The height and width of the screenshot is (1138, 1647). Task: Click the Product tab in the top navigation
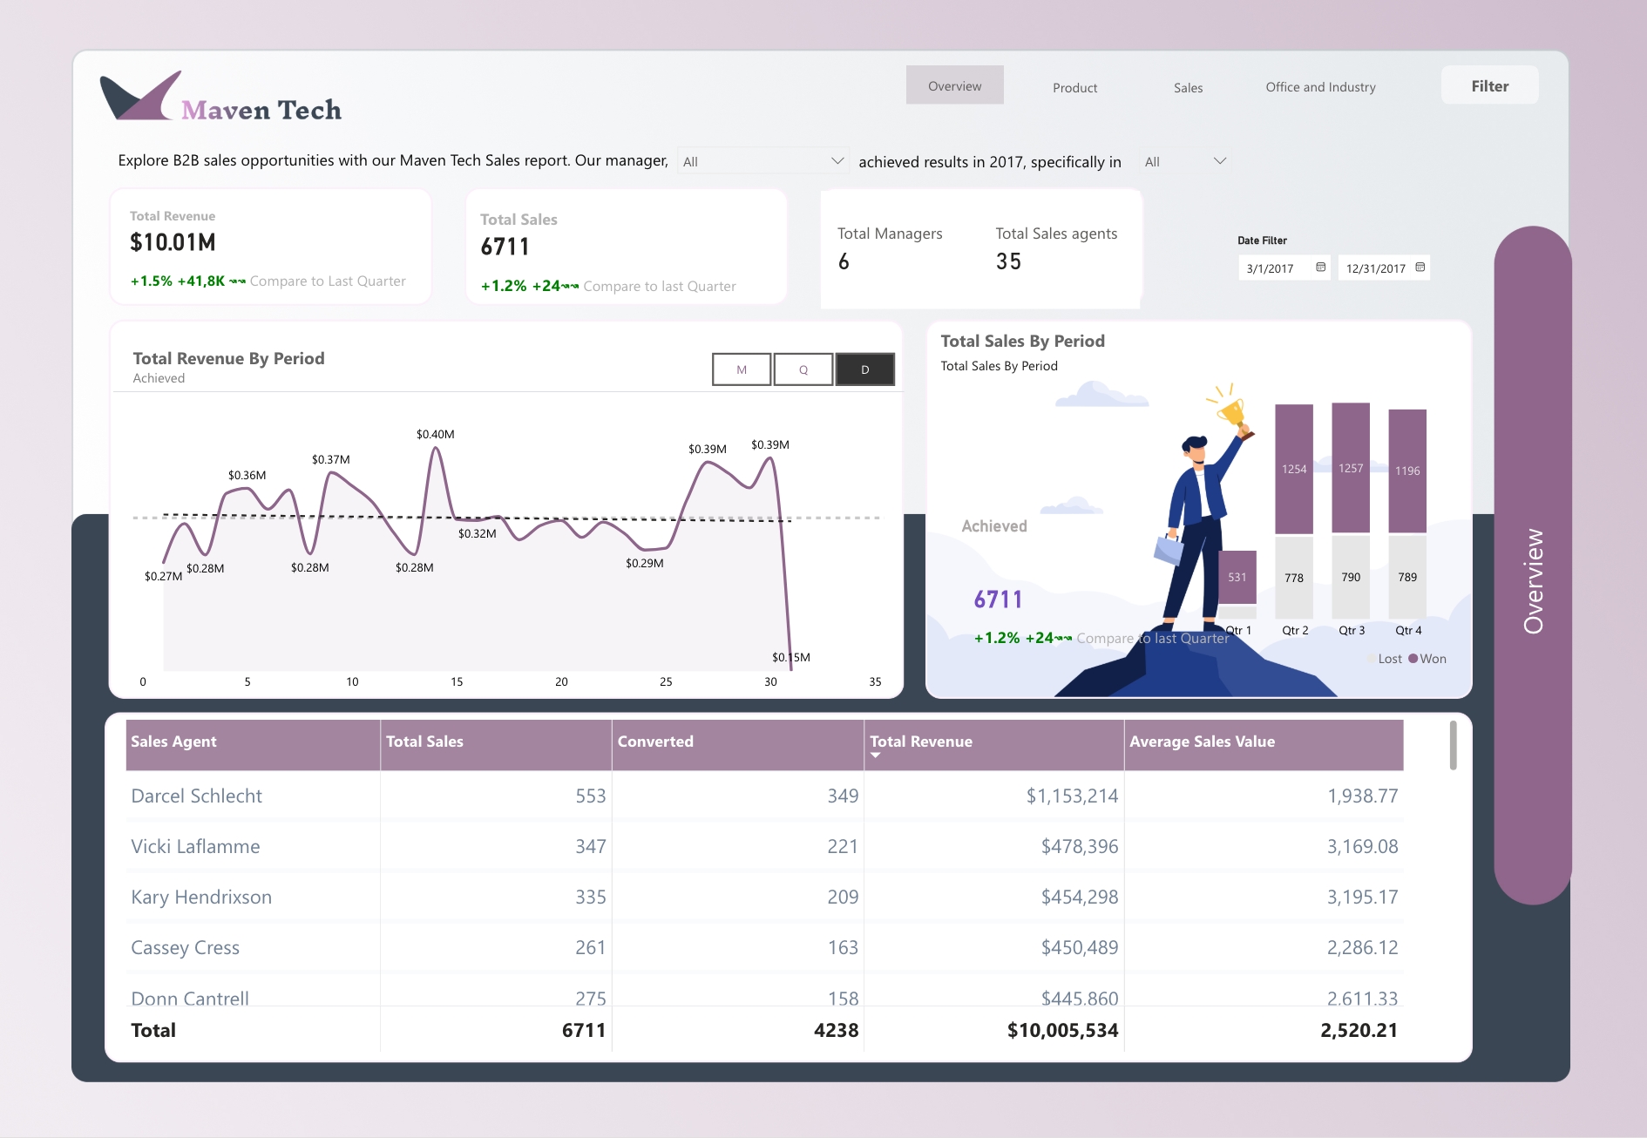click(1074, 87)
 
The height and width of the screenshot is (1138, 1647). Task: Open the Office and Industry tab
click(1320, 87)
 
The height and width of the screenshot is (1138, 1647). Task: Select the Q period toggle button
click(803, 369)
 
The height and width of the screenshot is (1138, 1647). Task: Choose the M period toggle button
click(742, 369)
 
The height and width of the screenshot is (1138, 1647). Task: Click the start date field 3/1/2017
click(1271, 268)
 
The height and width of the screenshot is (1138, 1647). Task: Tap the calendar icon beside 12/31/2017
click(1420, 268)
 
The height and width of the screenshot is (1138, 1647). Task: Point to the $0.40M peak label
click(435, 434)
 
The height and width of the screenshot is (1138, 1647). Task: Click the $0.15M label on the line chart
click(790, 657)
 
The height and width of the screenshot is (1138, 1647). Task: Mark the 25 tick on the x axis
click(666, 681)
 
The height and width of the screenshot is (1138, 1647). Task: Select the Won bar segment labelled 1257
click(1351, 468)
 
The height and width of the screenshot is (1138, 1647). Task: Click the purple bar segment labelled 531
click(1237, 577)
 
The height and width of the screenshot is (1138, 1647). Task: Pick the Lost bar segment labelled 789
click(1407, 577)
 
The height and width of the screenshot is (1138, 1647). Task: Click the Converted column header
click(655, 742)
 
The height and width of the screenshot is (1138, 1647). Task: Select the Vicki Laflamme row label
click(195, 846)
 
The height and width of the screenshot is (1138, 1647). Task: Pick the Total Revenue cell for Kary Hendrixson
click(1079, 897)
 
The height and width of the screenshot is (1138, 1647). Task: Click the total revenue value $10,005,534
click(1062, 1030)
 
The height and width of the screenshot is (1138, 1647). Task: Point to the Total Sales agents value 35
click(1008, 261)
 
